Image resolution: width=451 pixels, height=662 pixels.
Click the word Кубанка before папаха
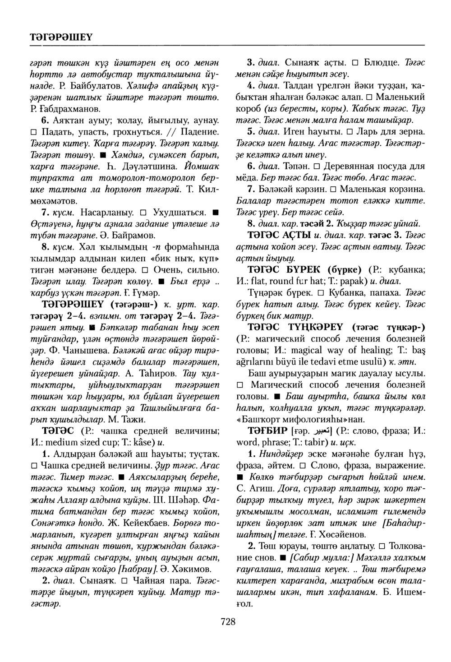click(x=345, y=293)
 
